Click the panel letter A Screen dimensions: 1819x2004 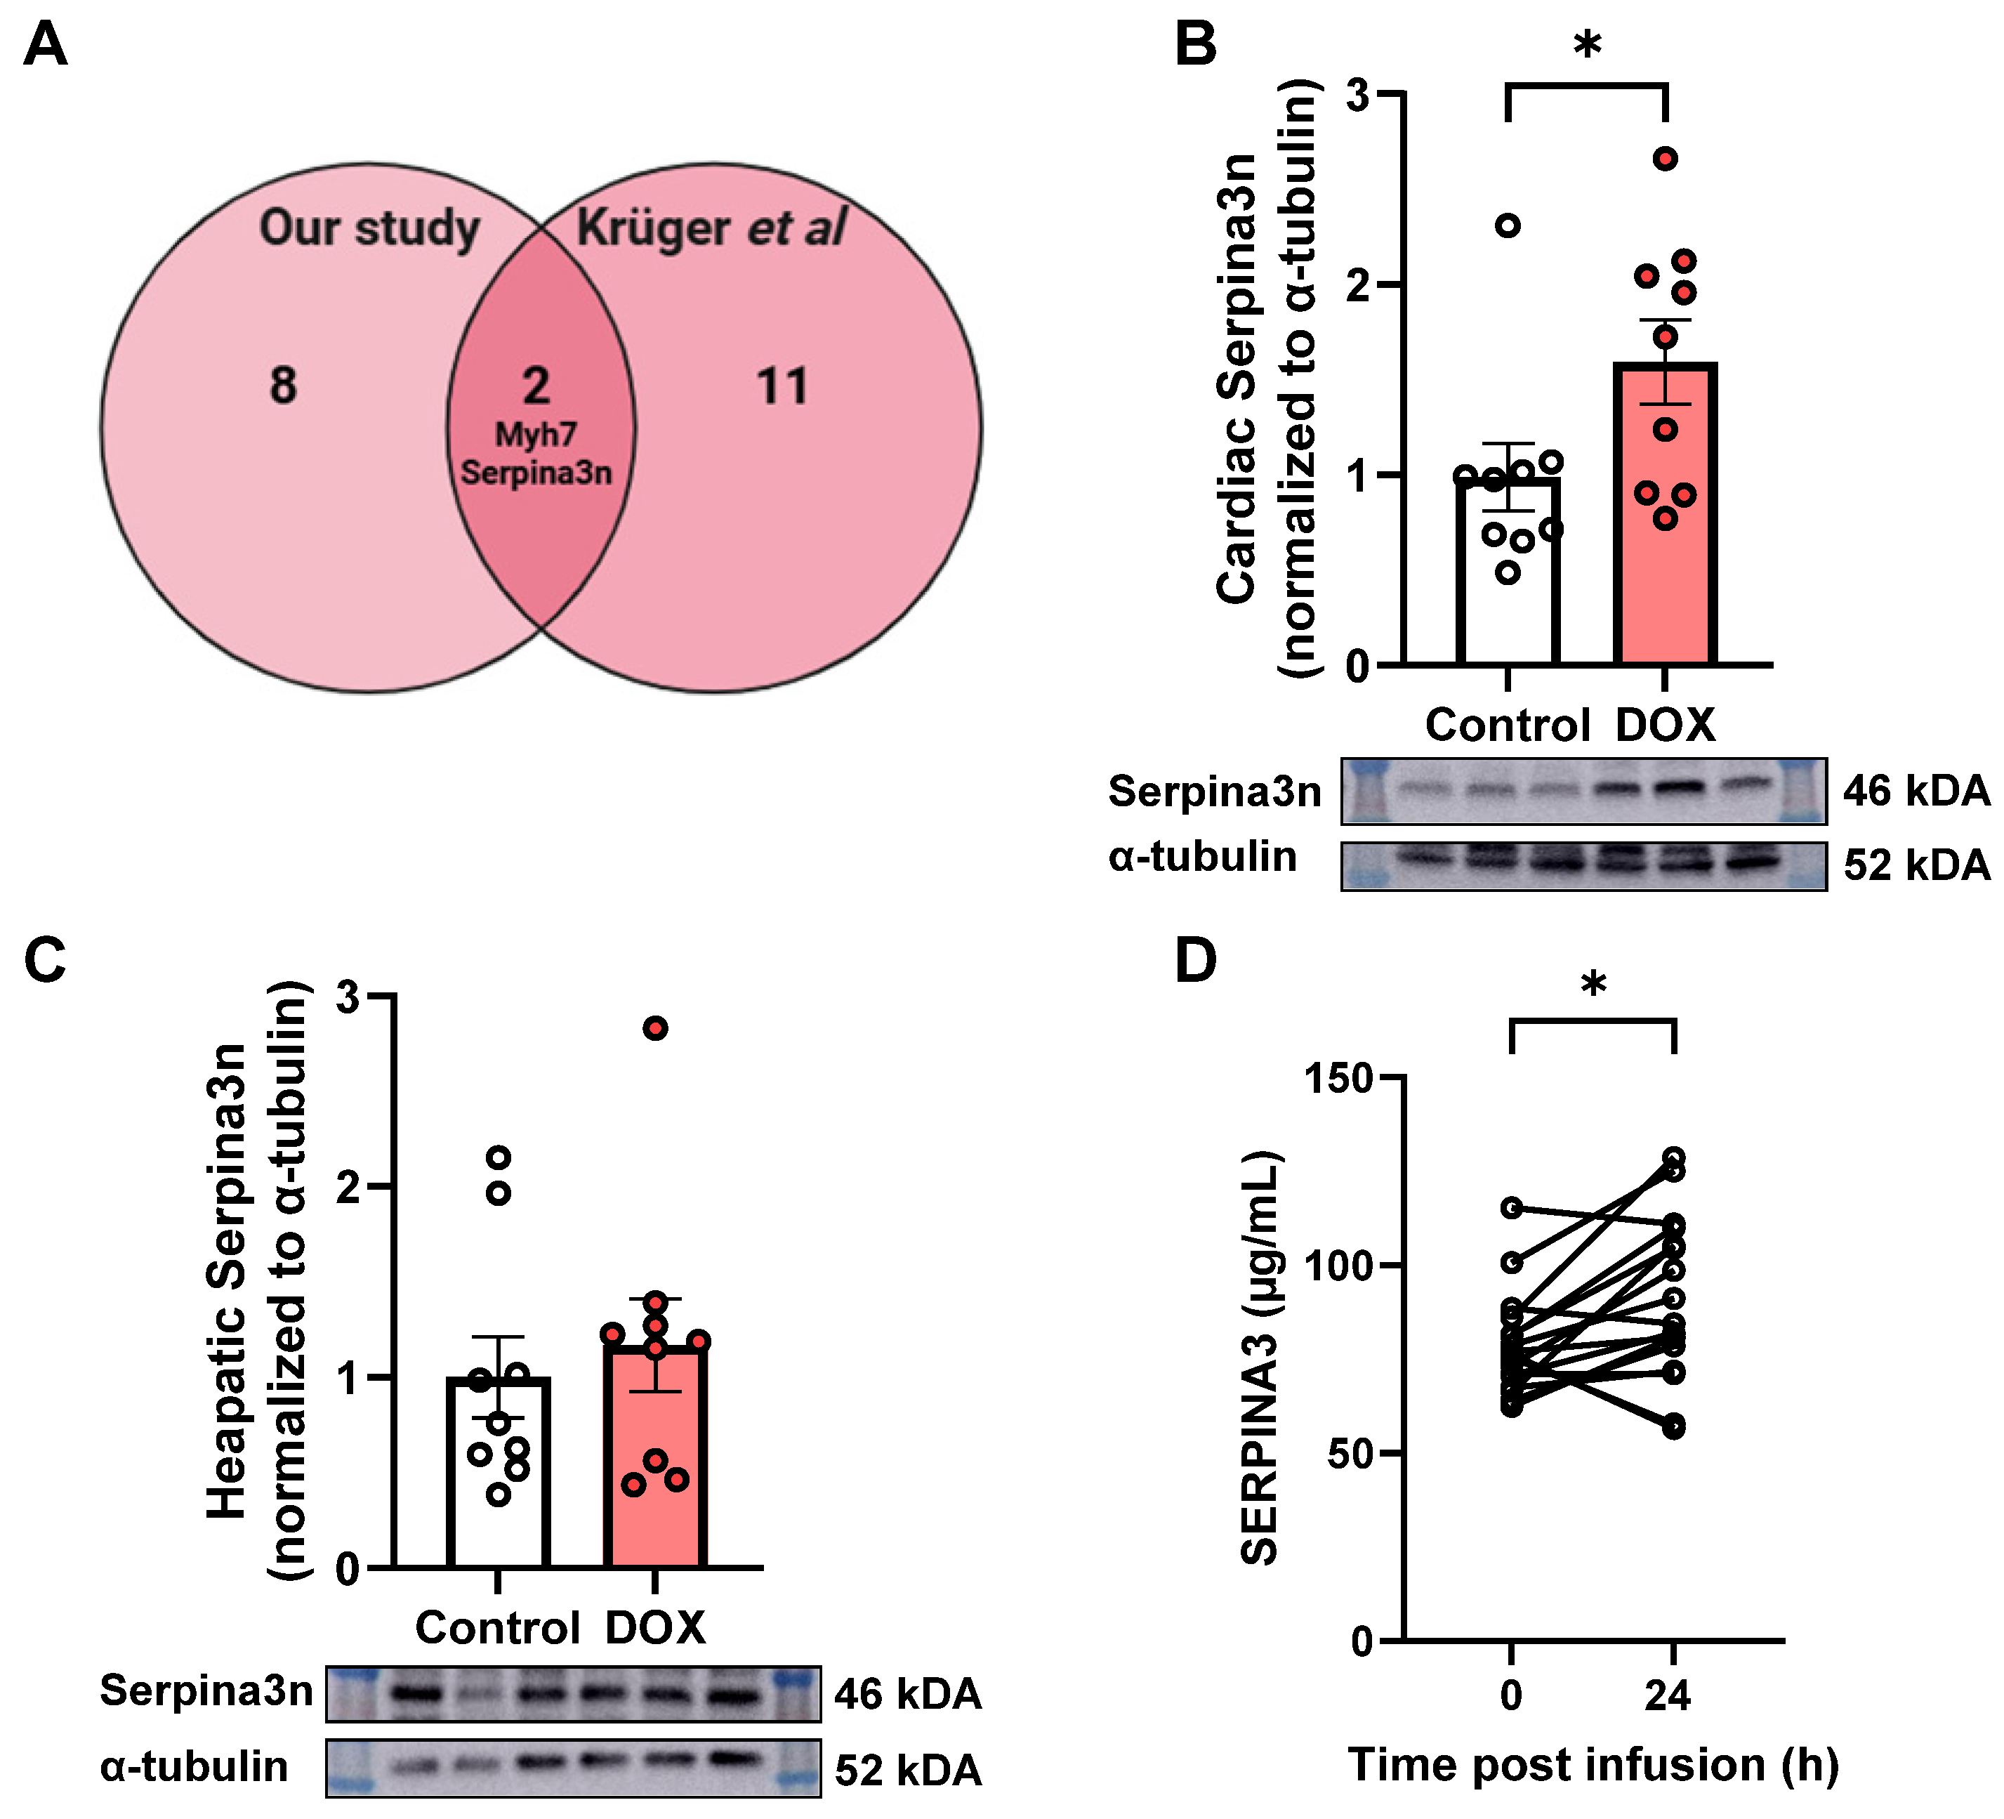click(x=45, y=45)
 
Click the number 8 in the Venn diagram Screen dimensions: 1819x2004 click(x=283, y=386)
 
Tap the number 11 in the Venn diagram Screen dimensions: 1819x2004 click(x=782, y=386)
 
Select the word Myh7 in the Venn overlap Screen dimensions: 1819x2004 click(x=536, y=434)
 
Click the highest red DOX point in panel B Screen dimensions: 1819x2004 click(x=1666, y=159)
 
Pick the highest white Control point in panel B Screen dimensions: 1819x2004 click(x=1508, y=225)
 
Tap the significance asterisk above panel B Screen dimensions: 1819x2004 click(x=1588, y=46)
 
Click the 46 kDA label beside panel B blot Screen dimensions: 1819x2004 click(x=1916, y=792)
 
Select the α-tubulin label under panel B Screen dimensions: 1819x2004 click(x=1203, y=856)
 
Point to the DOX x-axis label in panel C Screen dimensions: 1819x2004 click(x=655, y=1628)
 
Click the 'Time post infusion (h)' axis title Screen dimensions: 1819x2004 click(x=1593, y=1764)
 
